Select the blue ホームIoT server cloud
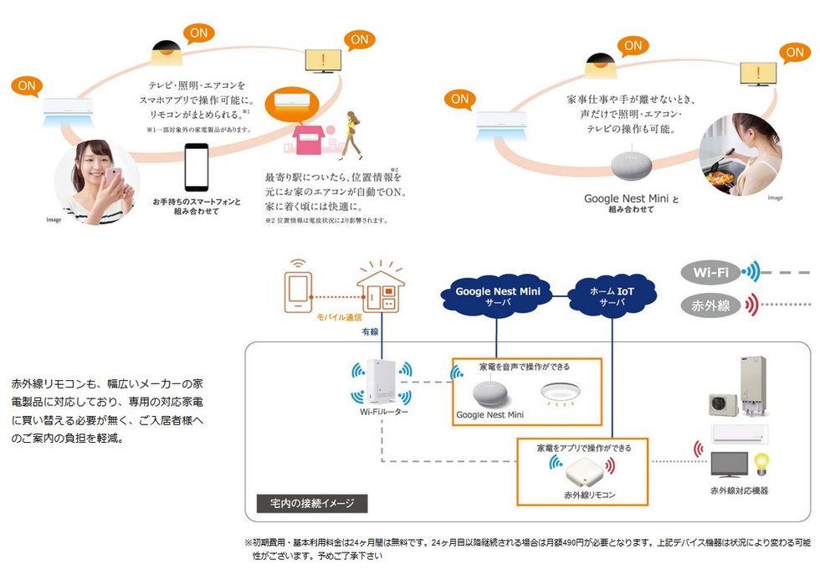tap(612, 295)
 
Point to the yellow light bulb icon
tap(761, 462)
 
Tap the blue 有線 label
tap(370, 332)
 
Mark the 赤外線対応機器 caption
tap(739, 490)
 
